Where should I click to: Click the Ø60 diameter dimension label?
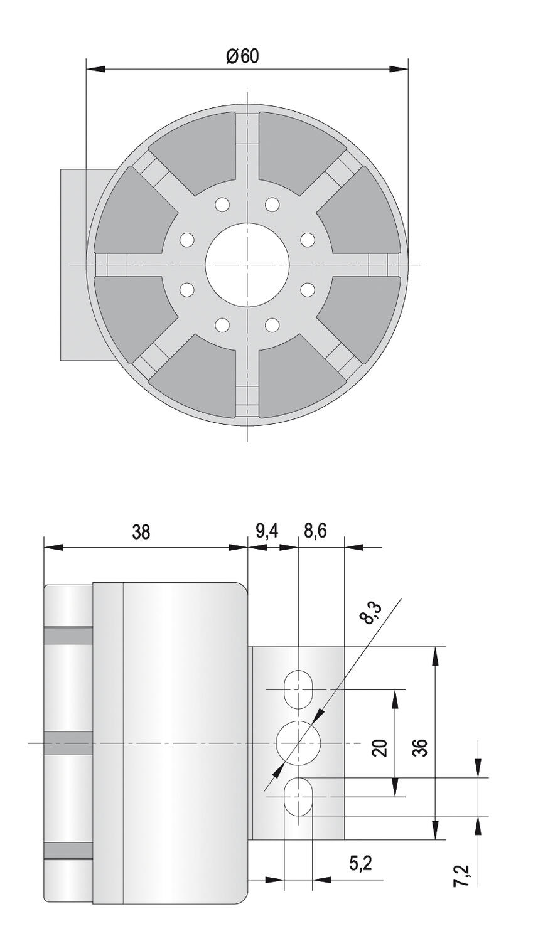click(x=242, y=56)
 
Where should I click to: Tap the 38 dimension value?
click(x=141, y=532)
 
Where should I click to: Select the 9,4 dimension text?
click(x=267, y=531)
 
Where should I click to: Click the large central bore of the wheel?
click(x=247, y=265)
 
